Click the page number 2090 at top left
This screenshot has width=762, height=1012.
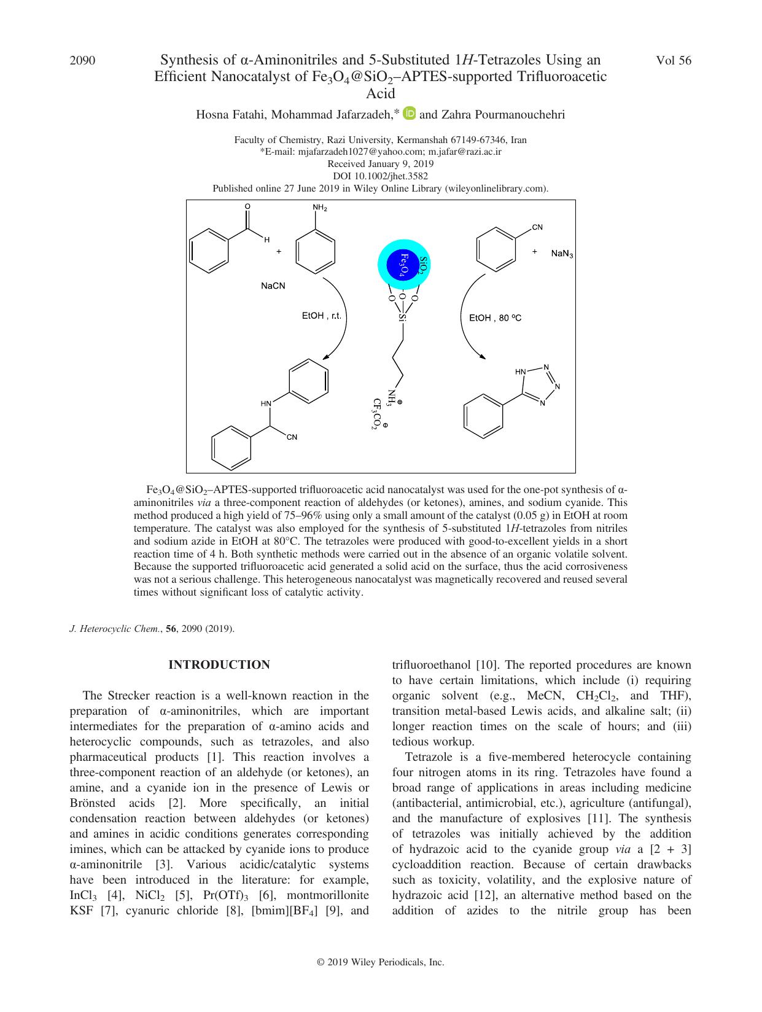click(83, 60)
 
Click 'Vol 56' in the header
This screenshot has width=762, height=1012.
click(674, 60)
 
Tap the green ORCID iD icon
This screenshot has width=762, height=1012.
click(410, 113)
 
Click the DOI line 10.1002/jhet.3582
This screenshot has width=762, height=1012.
click(380, 176)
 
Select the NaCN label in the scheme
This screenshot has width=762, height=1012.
click(273, 286)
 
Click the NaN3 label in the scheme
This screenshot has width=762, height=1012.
click(562, 254)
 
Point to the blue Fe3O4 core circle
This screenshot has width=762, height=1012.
click(403, 265)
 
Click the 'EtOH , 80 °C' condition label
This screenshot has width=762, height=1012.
click(495, 318)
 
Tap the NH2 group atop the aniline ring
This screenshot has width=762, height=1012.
click(320, 208)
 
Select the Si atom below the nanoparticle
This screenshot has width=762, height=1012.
click(402, 317)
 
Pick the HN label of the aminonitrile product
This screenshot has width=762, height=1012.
click(266, 403)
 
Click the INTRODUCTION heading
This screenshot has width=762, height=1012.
click(219, 664)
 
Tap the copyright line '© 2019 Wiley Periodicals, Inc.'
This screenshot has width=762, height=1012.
click(380, 962)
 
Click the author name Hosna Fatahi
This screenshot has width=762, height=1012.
click(230, 114)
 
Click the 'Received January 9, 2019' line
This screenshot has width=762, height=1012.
click(380, 164)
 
